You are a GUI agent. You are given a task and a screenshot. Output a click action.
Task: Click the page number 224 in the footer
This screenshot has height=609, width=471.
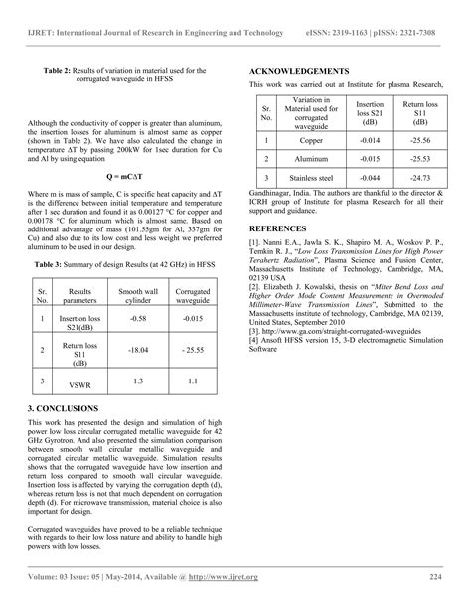[x=434, y=577]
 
